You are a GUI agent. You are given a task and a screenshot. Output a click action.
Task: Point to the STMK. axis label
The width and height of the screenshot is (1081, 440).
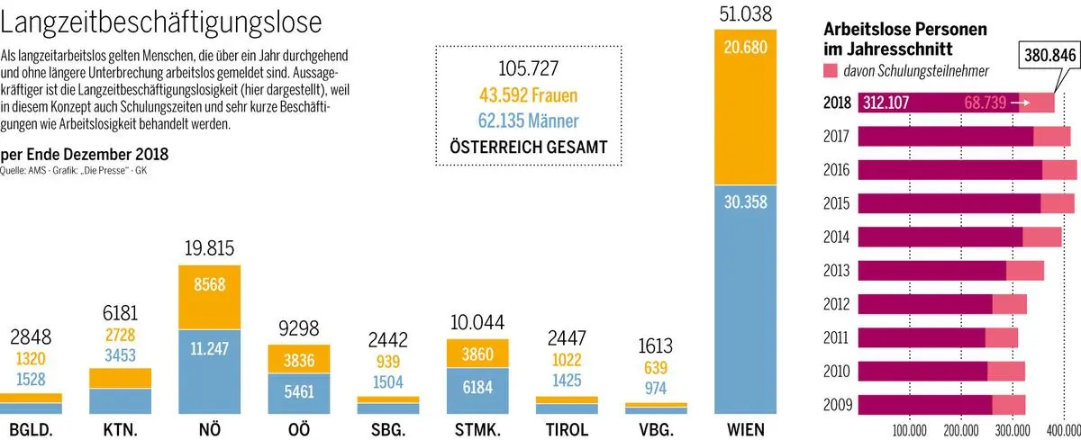point(478,429)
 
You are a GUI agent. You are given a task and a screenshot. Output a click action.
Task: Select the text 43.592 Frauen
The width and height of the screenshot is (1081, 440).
point(529,95)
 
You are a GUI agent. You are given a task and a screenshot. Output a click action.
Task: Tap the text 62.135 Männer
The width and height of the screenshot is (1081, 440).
point(529,121)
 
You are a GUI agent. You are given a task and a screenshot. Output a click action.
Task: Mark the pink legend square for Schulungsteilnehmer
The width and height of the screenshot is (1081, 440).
point(831,70)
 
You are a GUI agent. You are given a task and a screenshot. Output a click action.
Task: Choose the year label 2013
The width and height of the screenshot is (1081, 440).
point(839,270)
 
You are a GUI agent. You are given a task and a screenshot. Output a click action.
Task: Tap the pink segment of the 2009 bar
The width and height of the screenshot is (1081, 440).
point(1008,403)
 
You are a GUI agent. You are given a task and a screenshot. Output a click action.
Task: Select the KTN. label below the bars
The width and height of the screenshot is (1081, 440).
point(120,429)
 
